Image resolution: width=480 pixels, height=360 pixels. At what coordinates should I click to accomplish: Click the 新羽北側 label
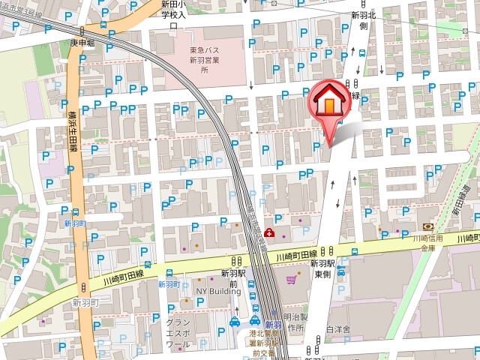362,19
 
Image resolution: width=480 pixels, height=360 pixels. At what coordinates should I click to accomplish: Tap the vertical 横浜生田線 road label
73,132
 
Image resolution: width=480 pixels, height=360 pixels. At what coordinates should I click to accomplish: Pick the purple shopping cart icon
291,280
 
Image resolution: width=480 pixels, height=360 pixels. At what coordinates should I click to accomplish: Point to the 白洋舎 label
338,328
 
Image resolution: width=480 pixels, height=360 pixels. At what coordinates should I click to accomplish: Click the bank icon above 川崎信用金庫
428,226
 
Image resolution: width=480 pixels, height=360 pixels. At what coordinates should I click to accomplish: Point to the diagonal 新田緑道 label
461,201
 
